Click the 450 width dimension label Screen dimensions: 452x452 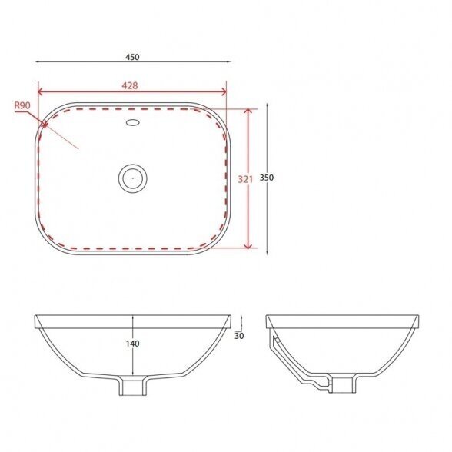(132, 57)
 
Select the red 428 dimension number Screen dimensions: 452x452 (130, 85)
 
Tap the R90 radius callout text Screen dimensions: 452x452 (22, 105)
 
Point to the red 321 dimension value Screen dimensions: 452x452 (245, 179)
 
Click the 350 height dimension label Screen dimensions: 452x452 (267, 178)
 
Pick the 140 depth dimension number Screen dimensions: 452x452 (132, 344)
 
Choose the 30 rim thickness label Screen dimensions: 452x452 (239, 336)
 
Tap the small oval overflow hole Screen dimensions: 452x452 (133, 122)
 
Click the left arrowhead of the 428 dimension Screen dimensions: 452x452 (40, 92)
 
